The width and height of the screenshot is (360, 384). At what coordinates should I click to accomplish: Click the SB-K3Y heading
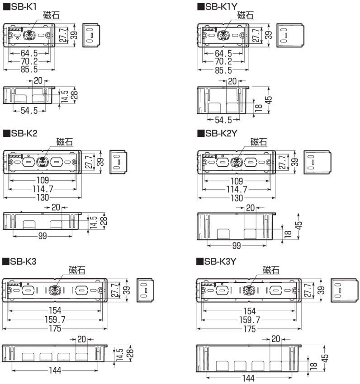220,261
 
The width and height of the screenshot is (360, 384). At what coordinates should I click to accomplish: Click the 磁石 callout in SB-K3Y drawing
270,270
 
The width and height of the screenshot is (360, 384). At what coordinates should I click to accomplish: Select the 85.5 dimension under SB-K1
28,70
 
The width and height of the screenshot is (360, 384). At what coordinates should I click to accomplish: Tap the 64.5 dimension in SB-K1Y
223,53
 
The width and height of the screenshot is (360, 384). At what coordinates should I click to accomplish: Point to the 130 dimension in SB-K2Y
236,198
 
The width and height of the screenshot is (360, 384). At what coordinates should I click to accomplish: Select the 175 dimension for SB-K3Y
249,329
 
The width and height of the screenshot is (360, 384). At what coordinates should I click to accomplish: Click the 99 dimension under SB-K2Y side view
236,245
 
